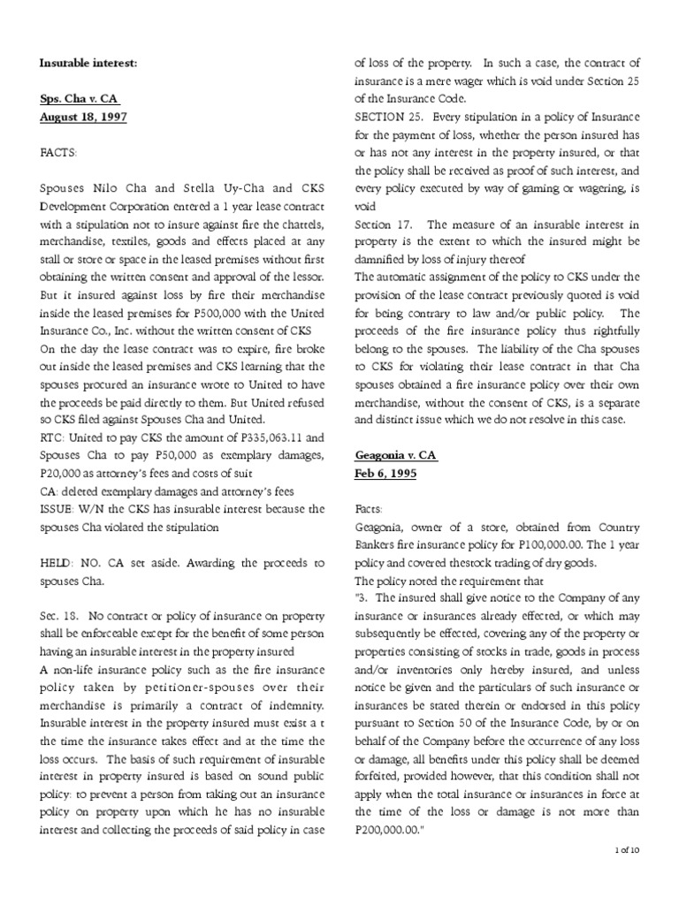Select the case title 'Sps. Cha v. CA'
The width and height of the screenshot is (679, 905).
pyautogui.click(x=79, y=99)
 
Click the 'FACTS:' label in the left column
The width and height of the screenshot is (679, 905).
pyautogui.click(x=58, y=152)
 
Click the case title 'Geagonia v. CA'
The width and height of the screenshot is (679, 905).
pyautogui.click(x=395, y=454)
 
